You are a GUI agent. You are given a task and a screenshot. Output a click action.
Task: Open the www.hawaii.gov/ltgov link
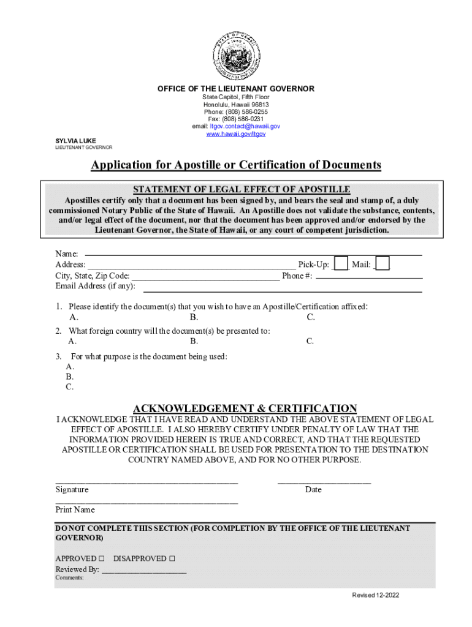(x=236, y=134)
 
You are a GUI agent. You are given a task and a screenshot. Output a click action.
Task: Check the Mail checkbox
(x=382, y=264)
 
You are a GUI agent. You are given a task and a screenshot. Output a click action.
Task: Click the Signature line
(x=147, y=483)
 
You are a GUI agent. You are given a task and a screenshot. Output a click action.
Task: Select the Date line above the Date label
(x=324, y=483)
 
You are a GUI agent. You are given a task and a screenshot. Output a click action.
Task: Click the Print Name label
(x=75, y=509)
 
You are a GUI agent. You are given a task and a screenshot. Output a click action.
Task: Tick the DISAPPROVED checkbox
(x=172, y=558)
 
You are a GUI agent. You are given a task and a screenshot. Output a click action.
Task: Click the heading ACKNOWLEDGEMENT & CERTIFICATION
(x=245, y=408)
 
